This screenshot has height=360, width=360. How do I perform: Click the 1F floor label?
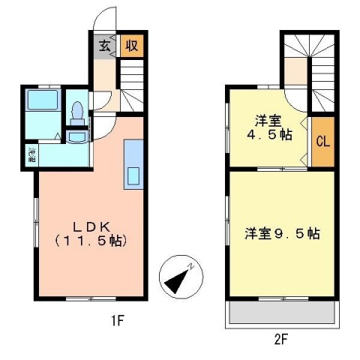(x=117, y=322)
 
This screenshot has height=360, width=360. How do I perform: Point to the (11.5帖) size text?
(x=89, y=241)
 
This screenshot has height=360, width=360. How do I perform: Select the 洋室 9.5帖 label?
(x=281, y=233)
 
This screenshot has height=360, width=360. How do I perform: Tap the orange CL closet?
(x=322, y=142)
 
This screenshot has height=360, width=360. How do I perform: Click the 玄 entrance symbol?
(x=103, y=45)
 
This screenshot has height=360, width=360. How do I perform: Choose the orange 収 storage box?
(x=130, y=46)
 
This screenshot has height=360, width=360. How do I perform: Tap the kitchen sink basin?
(x=133, y=176)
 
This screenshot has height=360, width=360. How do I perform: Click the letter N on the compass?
(x=193, y=265)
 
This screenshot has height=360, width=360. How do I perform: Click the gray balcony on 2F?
(x=281, y=313)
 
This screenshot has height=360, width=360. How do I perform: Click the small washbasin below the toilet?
(x=76, y=136)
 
